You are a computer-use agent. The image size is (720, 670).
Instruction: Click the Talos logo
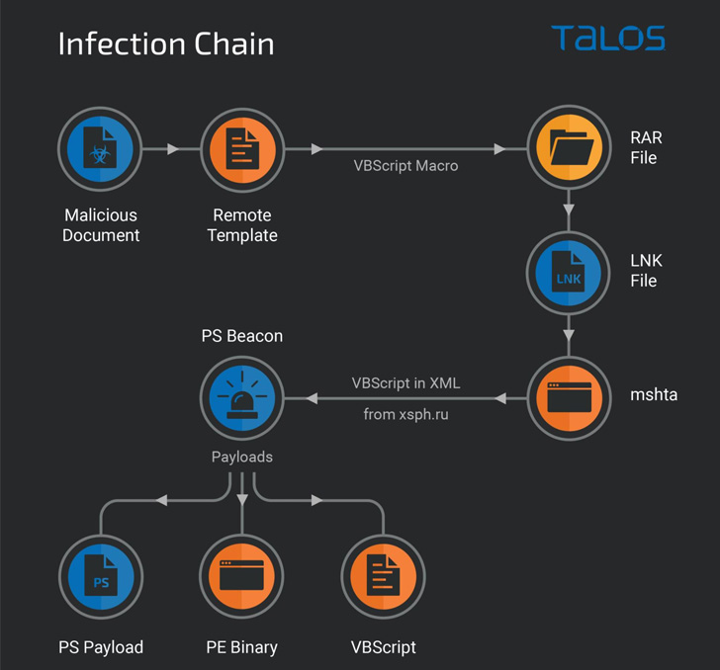coord(607,39)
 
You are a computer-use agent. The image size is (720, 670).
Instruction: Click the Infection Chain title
coord(165,44)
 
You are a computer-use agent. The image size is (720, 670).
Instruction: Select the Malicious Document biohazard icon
coord(100,149)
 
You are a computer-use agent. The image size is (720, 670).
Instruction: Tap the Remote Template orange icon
coord(241,149)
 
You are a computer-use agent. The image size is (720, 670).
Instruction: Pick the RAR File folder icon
coord(569,149)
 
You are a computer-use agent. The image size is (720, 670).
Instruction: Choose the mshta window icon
coord(569,398)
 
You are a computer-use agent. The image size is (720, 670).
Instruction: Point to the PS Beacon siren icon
coord(241,398)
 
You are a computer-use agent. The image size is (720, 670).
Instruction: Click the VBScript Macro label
coord(405,166)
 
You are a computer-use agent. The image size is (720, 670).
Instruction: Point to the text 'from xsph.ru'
coord(405,415)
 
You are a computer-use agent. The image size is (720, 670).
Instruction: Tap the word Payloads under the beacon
coord(241,458)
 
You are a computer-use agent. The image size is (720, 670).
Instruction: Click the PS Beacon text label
coord(241,337)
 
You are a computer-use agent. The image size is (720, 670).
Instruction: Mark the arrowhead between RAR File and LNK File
coord(569,210)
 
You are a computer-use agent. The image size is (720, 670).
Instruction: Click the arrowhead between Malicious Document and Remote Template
coord(173,149)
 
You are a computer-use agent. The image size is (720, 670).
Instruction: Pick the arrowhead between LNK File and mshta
coord(569,336)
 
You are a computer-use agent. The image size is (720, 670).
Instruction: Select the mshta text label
coord(654,395)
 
